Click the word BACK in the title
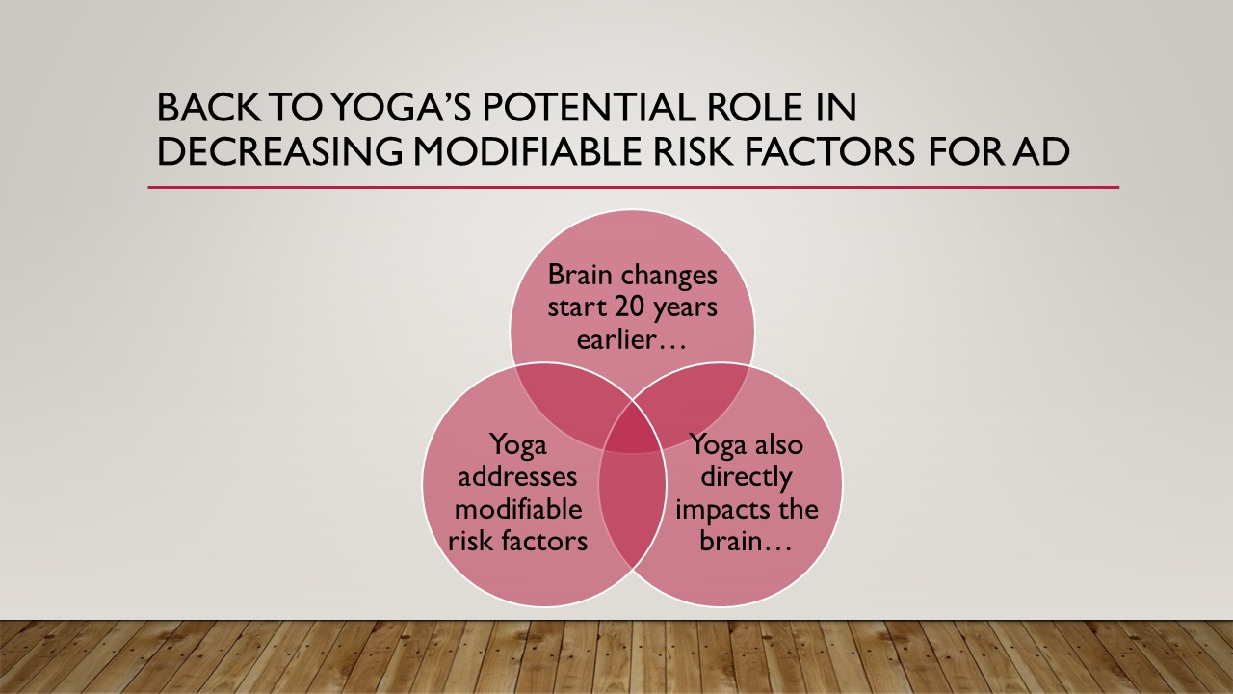[209, 107]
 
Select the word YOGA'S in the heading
[403, 107]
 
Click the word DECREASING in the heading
[280, 151]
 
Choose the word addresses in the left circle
[517, 476]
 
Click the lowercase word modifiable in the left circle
[518, 508]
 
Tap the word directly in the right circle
[746, 477]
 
